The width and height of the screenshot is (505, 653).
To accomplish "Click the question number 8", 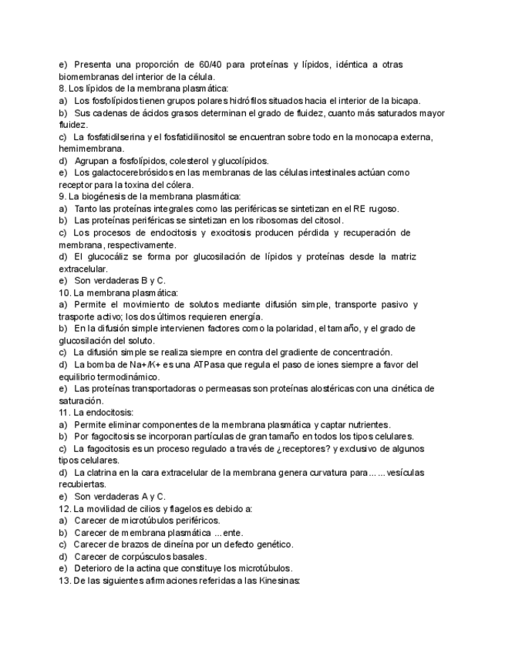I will coord(62,89).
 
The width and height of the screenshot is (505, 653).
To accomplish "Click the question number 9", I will coord(62,196).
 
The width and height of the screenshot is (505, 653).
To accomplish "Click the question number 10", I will coord(65,293).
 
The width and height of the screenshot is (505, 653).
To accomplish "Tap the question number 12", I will coord(65,508).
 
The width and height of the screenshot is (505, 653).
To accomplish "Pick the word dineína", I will coord(182,544).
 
